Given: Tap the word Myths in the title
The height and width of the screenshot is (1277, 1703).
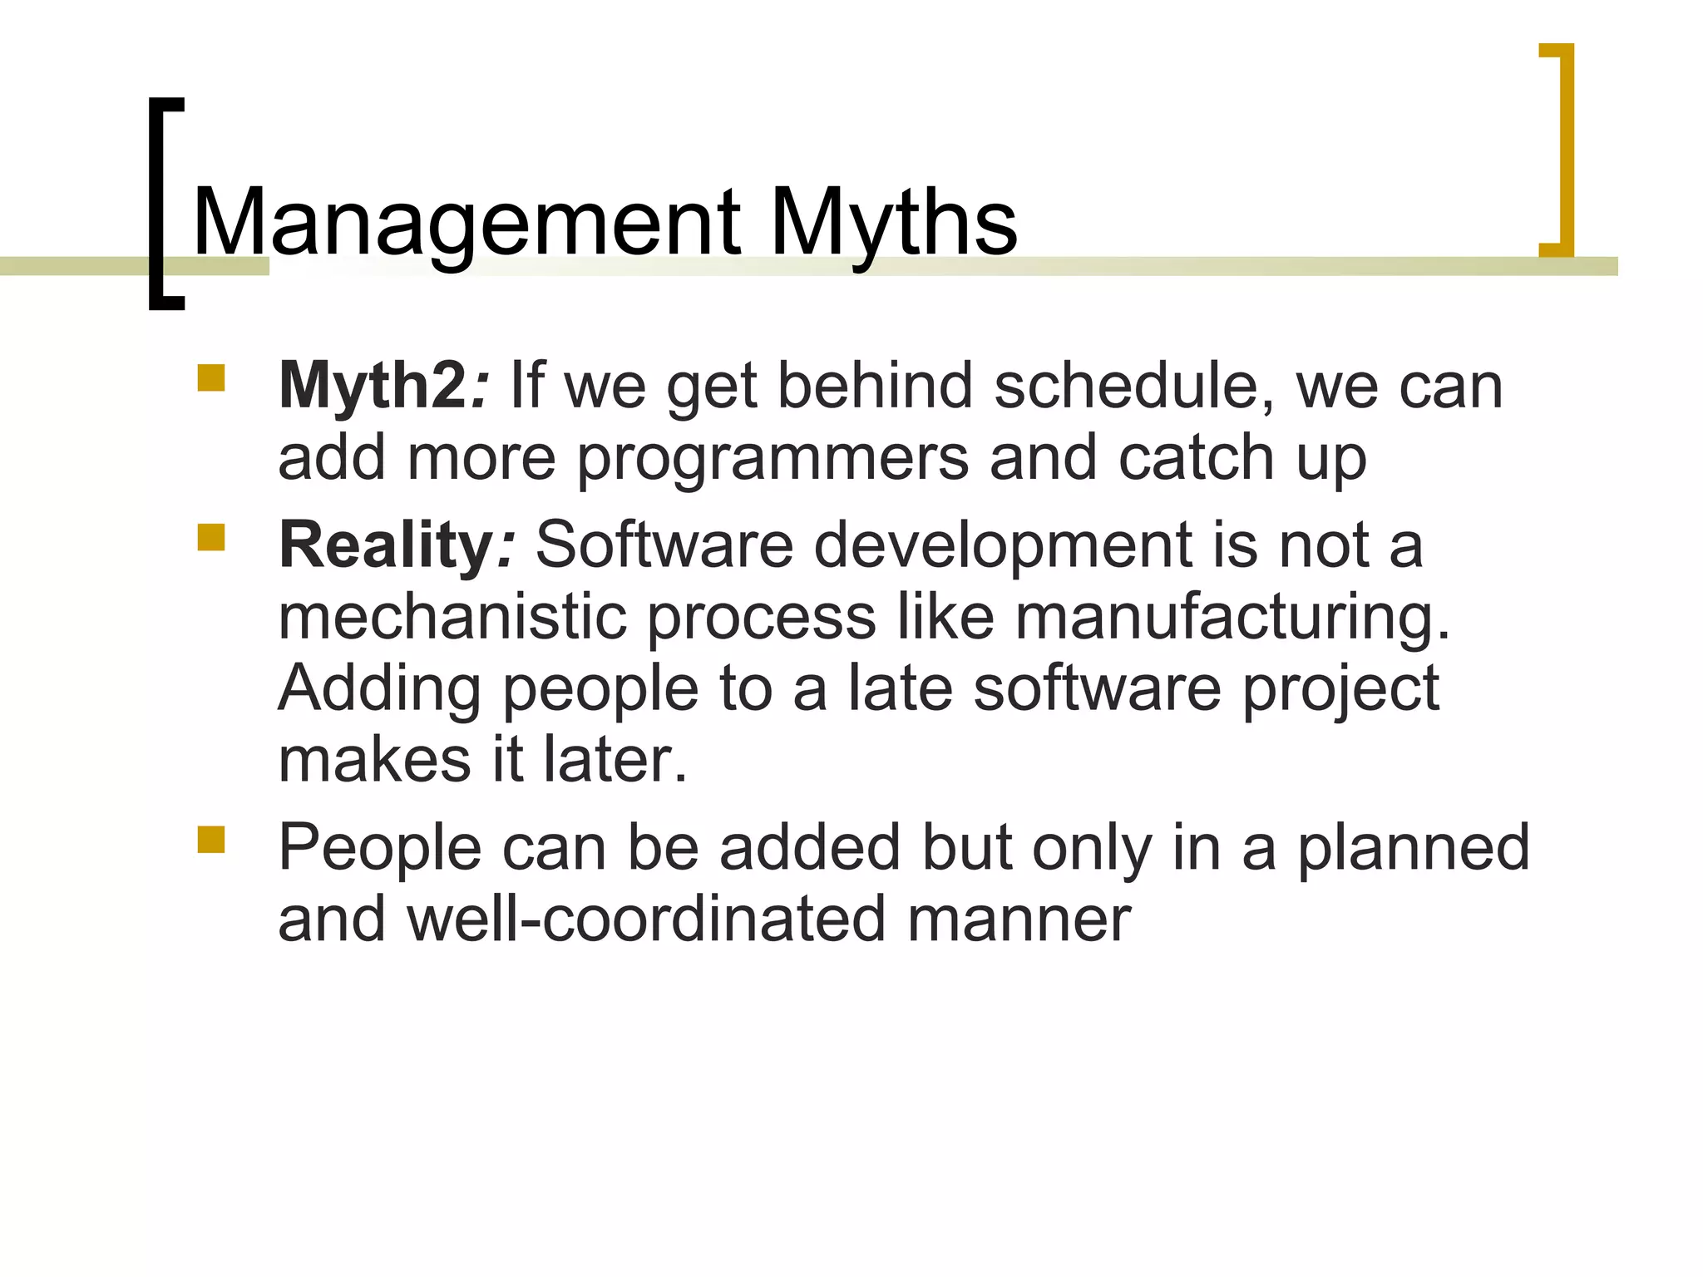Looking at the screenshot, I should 893,223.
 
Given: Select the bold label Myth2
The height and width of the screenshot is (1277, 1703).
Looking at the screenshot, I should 373,386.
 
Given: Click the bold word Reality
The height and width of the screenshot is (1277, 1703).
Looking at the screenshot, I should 387,545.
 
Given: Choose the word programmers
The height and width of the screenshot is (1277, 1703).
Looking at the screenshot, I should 773,459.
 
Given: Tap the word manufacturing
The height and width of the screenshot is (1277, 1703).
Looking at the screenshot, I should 1232,617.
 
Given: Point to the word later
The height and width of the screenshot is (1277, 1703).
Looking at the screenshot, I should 615,760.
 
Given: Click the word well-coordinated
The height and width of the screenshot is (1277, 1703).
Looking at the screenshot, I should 646,920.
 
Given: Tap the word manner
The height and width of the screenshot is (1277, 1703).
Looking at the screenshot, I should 1019,920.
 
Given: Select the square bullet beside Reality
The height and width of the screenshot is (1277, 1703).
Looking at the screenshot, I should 211,538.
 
